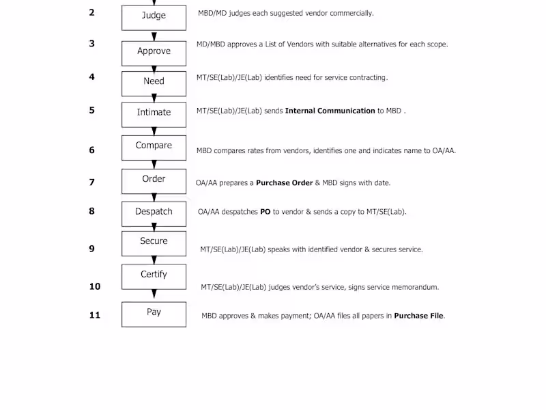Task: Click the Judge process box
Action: click(x=154, y=18)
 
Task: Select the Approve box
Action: click(x=154, y=53)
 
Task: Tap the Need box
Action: click(x=154, y=83)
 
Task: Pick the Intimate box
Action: click(x=154, y=115)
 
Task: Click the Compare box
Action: click(x=154, y=148)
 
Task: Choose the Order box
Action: click(x=154, y=181)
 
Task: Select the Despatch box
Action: click(x=154, y=214)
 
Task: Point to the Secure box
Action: click(x=154, y=243)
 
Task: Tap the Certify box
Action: click(x=154, y=277)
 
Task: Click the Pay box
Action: click(x=154, y=314)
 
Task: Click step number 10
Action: click(x=94, y=286)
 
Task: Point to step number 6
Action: click(x=91, y=150)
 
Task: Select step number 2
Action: click(x=91, y=12)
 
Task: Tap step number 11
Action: click(x=94, y=315)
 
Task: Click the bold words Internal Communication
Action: click(x=330, y=111)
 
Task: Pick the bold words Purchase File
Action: click(x=418, y=316)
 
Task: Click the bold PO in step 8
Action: click(x=265, y=212)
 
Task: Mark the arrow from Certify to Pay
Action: click(x=154, y=294)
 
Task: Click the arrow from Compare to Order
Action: click(x=154, y=165)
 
